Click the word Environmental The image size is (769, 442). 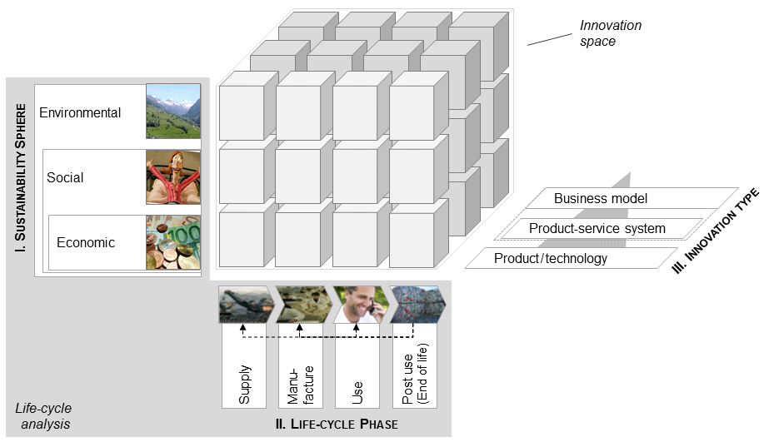[80, 113]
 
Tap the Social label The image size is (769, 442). [65, 177]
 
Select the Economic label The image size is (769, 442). [86, 242]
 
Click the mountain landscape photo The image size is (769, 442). [173, 111]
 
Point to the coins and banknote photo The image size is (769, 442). [173, 243]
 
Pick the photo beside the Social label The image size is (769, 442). [173, 177]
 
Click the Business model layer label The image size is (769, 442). [600, 199]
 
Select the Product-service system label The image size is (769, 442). [597, 228]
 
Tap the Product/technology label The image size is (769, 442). [551, 258]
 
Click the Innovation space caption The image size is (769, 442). [611, 32]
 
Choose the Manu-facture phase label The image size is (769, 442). [300, 382]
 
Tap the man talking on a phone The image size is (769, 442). [360, 304]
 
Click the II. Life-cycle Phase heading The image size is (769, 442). [336, 425]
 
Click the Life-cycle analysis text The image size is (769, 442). [43, 415]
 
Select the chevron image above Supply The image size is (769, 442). [244, 305]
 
